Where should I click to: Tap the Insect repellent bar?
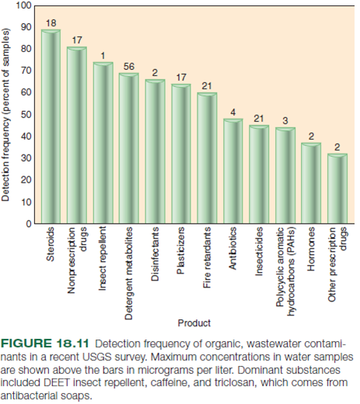click(103, 144)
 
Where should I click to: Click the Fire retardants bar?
click(207, 158)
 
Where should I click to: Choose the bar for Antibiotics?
click(232, 171)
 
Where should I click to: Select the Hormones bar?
click(311, 183)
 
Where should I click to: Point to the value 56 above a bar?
click(129, 67)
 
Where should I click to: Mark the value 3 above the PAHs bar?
click(285, 120)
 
